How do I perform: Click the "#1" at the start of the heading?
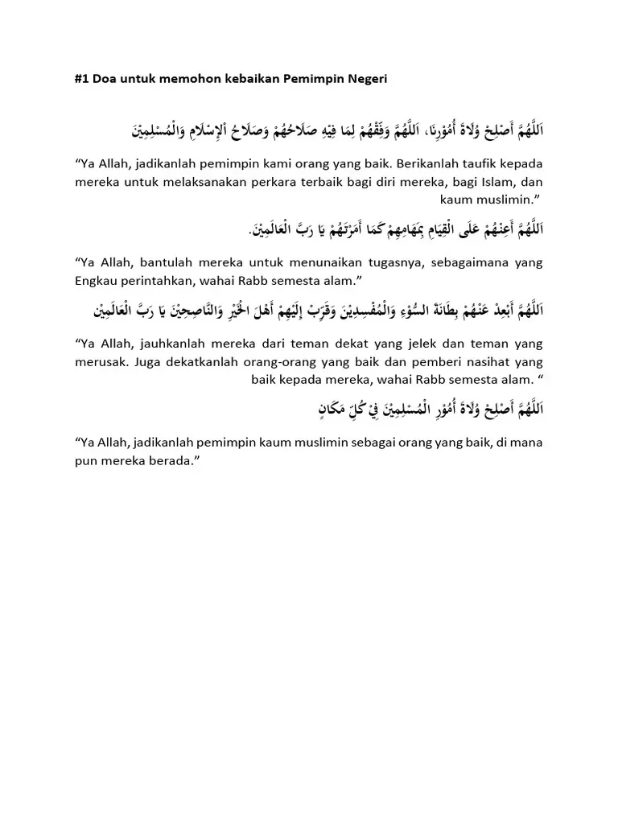point(81,78)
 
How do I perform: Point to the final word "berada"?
point(173,461)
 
